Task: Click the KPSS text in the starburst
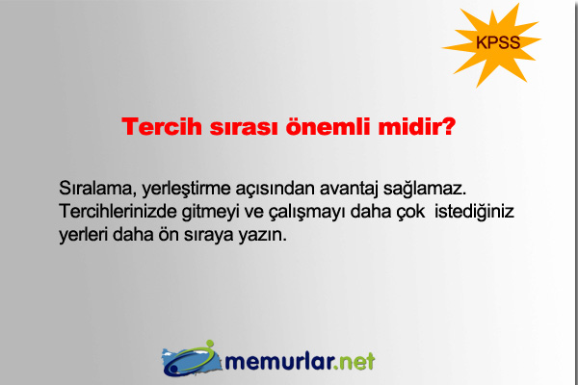click(497, 43)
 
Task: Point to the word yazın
click(265, 235)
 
